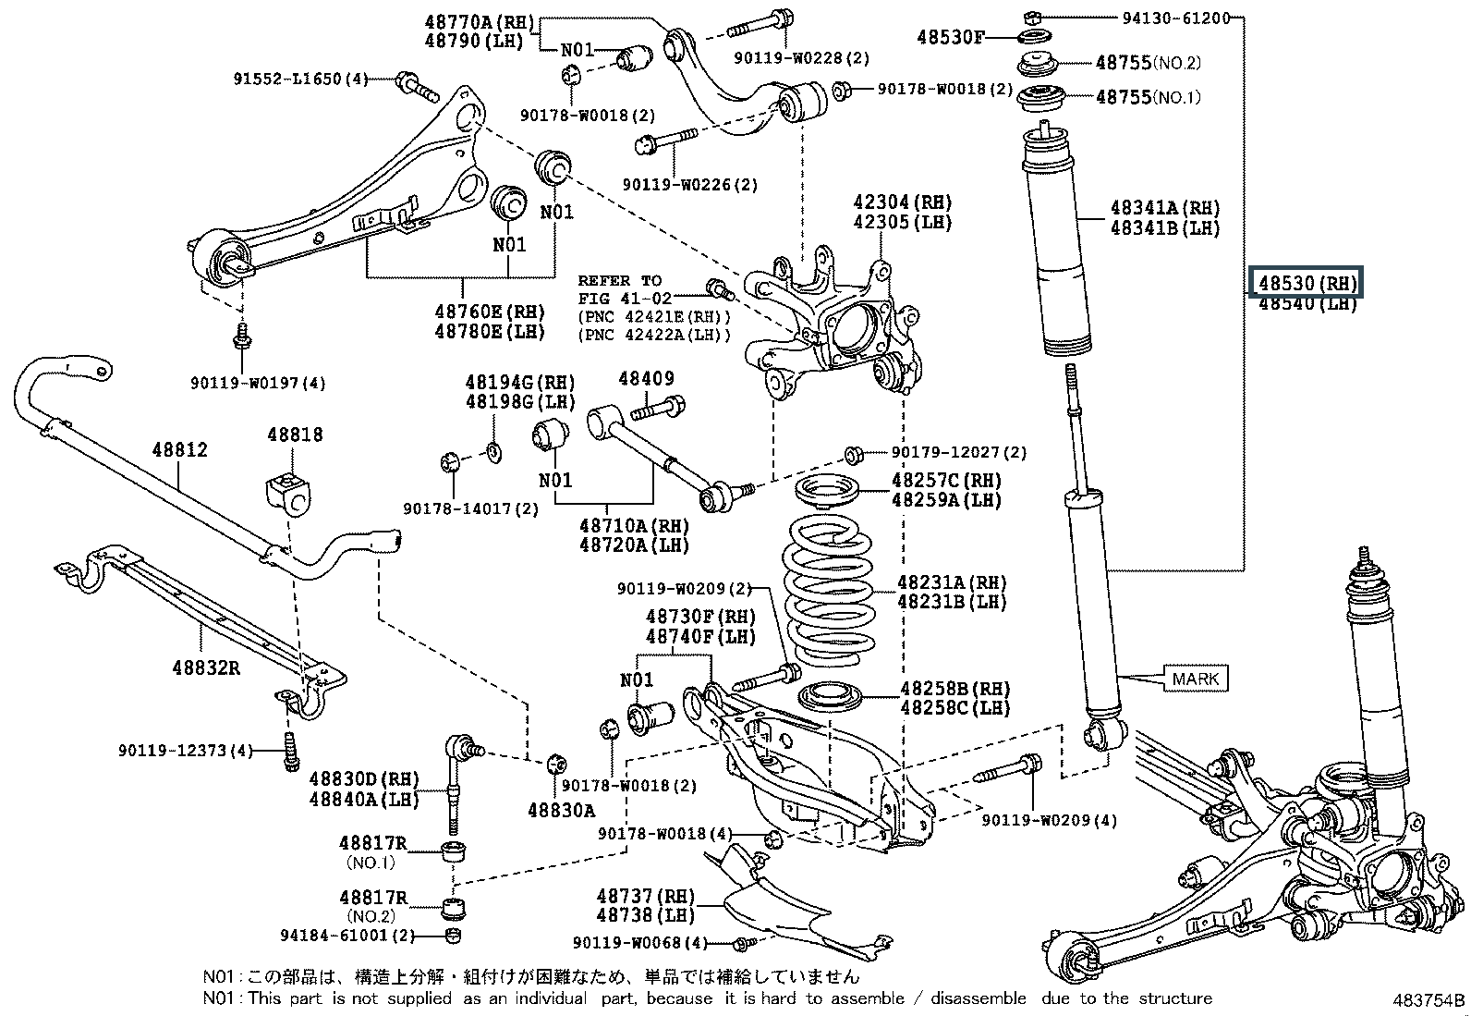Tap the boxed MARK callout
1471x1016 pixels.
pos(1196,679)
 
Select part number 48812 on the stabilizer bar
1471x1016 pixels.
pos(180,450)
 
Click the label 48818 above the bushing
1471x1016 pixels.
pos(295,434)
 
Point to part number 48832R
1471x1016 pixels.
pos(205,667)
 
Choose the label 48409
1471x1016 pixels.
pos(646,378)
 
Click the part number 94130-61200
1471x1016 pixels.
pos(1176,18)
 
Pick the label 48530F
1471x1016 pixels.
pos(951,38)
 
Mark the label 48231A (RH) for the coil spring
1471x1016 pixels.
pos(952,582)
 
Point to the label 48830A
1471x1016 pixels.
pos(562,810)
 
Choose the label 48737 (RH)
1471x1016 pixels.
pos(645,896)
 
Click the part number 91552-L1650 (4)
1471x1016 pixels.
pos(299,80)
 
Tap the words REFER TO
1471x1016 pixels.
pos(619,280)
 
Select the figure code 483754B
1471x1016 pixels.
pos(1429,1000)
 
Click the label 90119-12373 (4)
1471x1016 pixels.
pos(185,751)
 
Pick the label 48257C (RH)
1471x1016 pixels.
pos(946,480)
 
